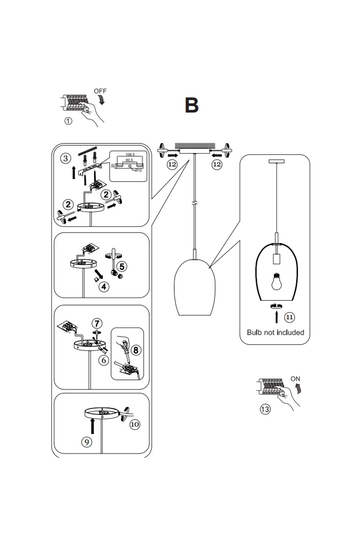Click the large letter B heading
(x=191, y=105)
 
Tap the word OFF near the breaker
(x=100, y=91)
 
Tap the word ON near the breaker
(x=295, y=378)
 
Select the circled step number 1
(x=68, y=121)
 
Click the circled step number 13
(x=265, y=409)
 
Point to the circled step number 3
(x=66, y=158)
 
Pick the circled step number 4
(x=104, y=286)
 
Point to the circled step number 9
(x=87, y=442)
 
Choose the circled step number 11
(x=290, y=317)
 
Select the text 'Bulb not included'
(x=275, y=333)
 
